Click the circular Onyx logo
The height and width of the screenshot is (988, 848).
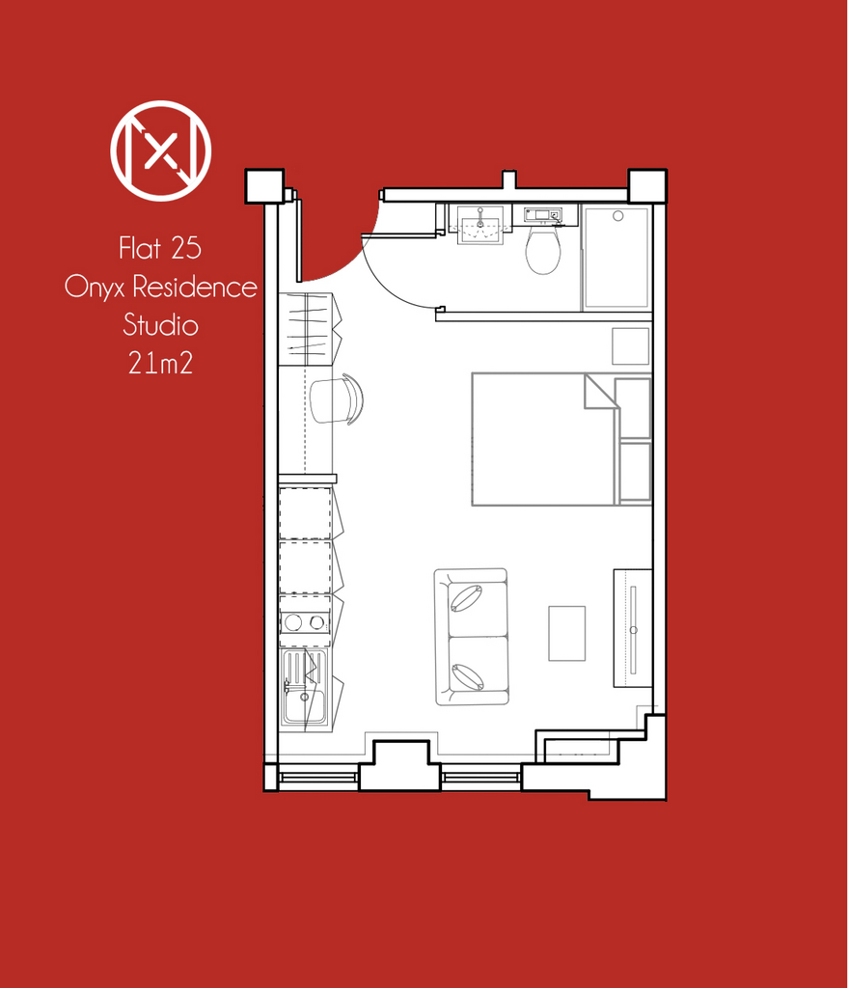(161, 151)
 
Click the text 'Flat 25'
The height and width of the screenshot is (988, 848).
(160, 248)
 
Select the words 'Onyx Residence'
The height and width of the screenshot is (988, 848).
(161, 288)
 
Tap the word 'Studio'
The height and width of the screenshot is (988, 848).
(161, 325)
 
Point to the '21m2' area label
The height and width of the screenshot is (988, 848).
(161, 363)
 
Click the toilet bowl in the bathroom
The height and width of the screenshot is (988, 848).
(543, 250)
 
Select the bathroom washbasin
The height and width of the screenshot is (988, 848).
(480, 225)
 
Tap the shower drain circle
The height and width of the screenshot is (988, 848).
(618, 216)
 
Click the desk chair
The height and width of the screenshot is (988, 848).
(337, 399)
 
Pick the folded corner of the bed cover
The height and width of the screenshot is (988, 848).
(598, 392)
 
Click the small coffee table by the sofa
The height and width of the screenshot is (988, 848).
(567, 633)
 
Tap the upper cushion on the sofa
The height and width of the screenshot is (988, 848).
(466, 598)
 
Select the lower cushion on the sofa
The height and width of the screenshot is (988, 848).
(468, 676)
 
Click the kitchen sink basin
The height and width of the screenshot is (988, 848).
(305, 705)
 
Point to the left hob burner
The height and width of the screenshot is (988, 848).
(292, 623)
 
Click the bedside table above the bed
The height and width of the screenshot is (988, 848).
(631, 346)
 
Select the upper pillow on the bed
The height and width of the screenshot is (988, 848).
(633, 408)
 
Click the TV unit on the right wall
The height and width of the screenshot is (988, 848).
(633, 628)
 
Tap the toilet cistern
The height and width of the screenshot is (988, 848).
(542, 215)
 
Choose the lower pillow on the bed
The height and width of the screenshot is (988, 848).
(635, 472)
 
